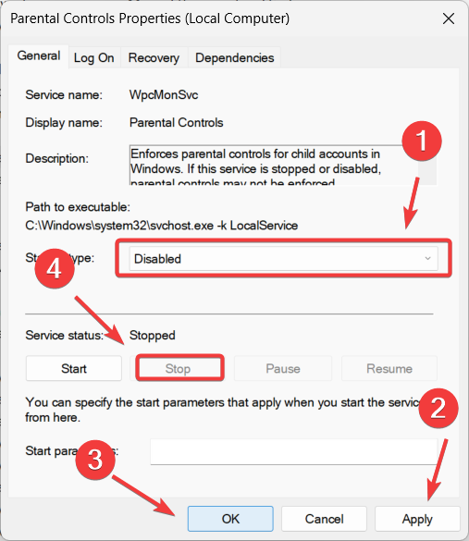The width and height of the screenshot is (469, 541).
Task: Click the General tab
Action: pos(38,56)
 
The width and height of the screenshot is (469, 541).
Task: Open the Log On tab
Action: pos(93,57)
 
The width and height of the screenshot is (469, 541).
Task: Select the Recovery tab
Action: pos(154,57)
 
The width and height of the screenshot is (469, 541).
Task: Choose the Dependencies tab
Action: pos(234,57)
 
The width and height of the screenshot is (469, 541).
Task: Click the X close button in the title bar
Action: pos(448,18)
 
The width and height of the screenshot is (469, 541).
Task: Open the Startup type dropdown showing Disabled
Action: pos(283,259)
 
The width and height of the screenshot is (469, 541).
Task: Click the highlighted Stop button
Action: pos(178,368)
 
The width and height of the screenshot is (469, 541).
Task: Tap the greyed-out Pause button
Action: pos(283,368)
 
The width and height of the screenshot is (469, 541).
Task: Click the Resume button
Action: pos(389,368)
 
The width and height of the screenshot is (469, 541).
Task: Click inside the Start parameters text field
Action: pos(292,451)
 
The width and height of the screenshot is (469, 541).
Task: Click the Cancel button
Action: pos(324,519)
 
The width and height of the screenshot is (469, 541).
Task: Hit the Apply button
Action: pos(416,519)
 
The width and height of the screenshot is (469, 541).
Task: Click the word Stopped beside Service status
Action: pos(152,336)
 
